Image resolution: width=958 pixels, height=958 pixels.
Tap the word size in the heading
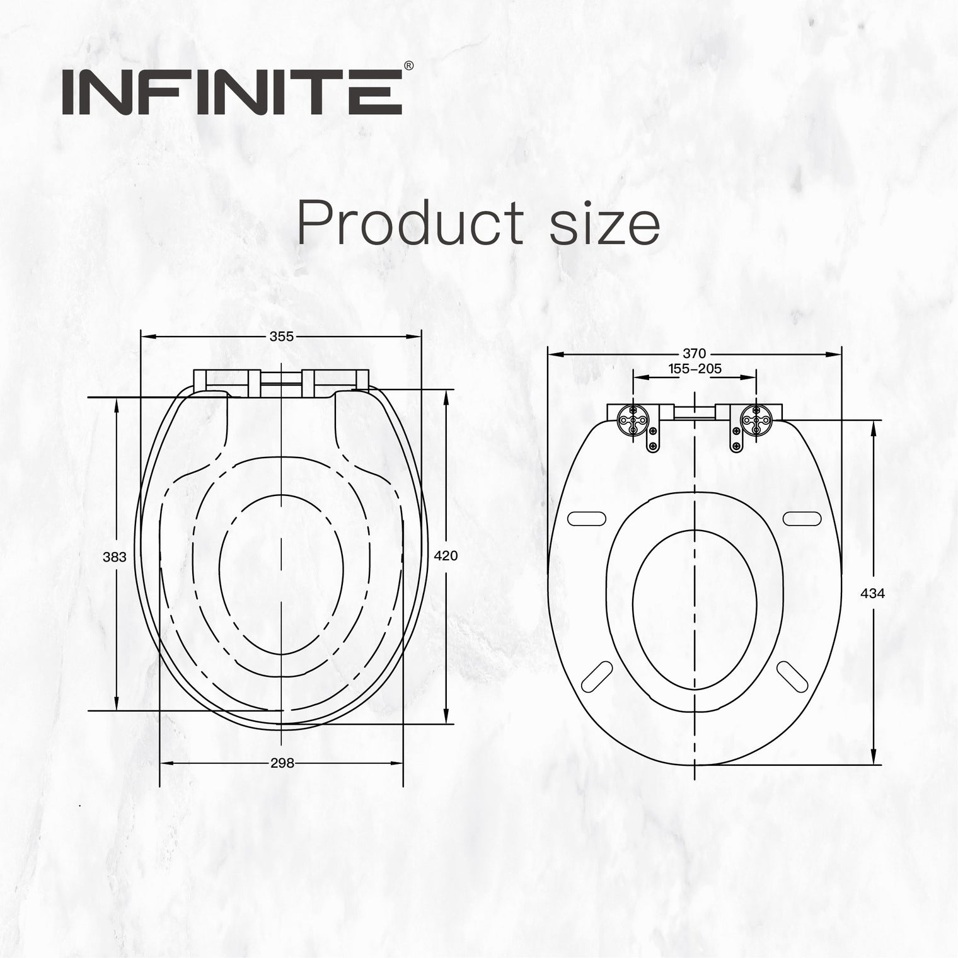pyautogui.click(x=604, y=225)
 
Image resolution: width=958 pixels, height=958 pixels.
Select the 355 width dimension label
pyautogui.click(x=281, y=337)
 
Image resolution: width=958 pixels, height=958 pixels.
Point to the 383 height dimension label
pyautogui.click(x=114, y=557)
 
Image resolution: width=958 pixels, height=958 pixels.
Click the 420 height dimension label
pyautogui.click(x=446, y=555)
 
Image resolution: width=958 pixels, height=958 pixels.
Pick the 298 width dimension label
pyautogui.click(x=282, y=763)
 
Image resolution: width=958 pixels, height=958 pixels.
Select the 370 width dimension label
pyautogui.click(x=695, y=354)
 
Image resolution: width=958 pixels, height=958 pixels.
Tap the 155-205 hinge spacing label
pyautogui.click(x=695, y=369)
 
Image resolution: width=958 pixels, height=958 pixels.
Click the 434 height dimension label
pyautogui.click(x=873, y=593)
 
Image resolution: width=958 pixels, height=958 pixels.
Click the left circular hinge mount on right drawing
pyautogui.click(x=632, y=419)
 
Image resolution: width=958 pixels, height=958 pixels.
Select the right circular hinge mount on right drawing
pyautogui.click(x=756, y=419)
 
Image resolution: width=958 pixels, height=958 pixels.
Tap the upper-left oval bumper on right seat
pyautogui.click(x=587, y=518)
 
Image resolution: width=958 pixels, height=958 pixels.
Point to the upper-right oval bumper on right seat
pyautogui.click(x=802, y=518)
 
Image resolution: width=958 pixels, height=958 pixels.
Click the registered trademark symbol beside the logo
pyautogui.click(x=408, y=66)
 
